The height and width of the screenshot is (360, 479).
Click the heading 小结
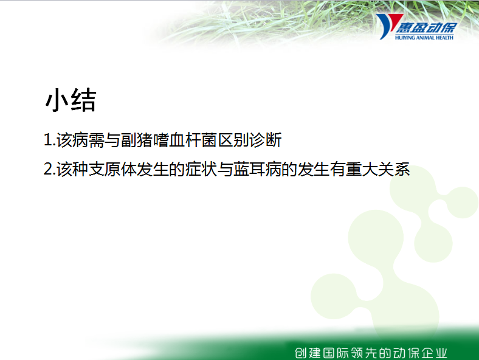click(x=71, y=100)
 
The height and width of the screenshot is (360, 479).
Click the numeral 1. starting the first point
click(x=49, y=140)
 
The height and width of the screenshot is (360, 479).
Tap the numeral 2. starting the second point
click(x=49, y=169)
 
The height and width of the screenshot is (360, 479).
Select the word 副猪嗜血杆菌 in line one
click(x=169, y=140)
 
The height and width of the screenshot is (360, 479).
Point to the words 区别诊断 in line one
click(x=250, y=140)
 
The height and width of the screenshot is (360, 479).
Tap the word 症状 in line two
click(x=201, y=169)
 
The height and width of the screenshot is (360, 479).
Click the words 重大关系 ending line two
click(x=378, y=169)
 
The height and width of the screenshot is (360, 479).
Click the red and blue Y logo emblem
click(x=388, y=26)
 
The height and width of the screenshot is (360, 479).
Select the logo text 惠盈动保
click(x=427, y=28)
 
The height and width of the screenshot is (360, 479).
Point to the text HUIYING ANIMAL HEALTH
click(x=424, y=38)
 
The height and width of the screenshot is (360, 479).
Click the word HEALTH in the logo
click(x=444, y=38)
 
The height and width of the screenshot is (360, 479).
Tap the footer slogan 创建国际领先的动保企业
click(x=371, y=353)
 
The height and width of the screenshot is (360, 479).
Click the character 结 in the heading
click(x=84, y=100)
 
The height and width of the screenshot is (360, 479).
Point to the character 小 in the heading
click(x=57, y=100)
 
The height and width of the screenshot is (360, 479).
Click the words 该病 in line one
click(x=72, y=140)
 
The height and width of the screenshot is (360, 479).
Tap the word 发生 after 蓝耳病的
click(x=314, y=169)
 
